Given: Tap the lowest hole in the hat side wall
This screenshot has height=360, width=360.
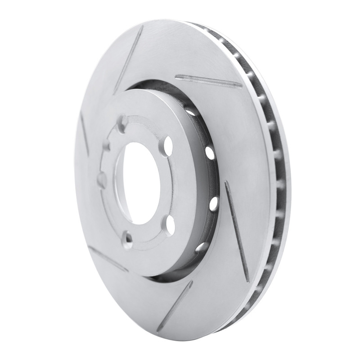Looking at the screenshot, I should [201, 247].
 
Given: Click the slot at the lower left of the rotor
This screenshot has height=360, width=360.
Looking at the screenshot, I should [108, 258].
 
